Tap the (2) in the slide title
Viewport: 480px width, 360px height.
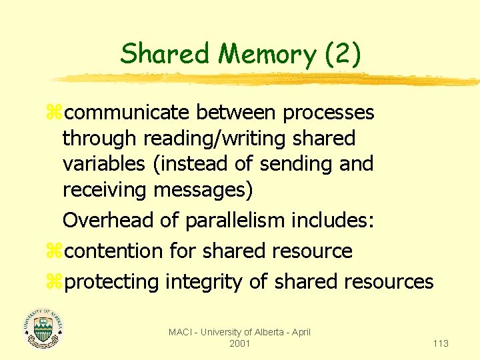click(343, 54)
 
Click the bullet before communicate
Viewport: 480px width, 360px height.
click(54, 113)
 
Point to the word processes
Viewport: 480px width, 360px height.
click(329, 113)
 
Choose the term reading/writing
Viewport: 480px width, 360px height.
click(203, 139)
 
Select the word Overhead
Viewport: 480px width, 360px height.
click(111, 220)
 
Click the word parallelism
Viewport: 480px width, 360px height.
click(221, 220)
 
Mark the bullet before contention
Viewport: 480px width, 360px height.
click(54, 251)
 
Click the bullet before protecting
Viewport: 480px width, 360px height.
click(54, 282)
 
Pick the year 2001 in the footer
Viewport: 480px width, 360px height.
click(239, 343)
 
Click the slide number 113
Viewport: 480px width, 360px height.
click(440, 343)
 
